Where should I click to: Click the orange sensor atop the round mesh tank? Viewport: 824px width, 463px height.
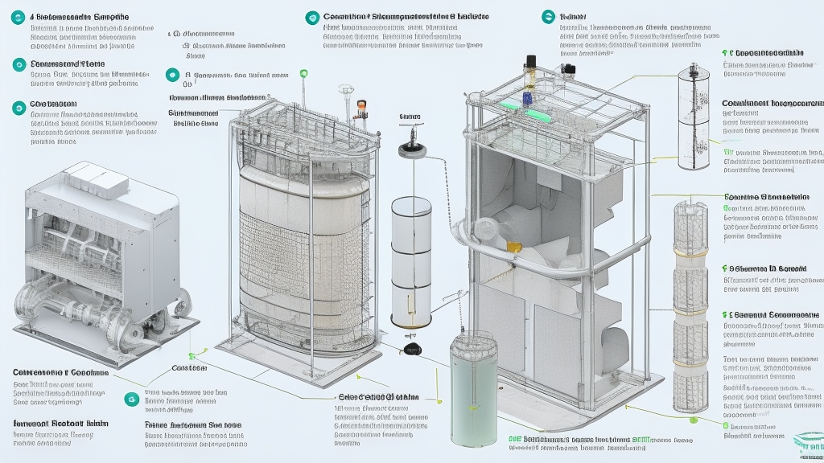(x=360, y=106)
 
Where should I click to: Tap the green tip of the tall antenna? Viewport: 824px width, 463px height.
(x=303, y=74)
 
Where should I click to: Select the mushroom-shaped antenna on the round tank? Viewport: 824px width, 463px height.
(x=346, y=89)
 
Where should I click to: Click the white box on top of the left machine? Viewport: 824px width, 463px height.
(x=89, y=178)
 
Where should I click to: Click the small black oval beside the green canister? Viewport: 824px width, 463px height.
(x=414, y=348)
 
